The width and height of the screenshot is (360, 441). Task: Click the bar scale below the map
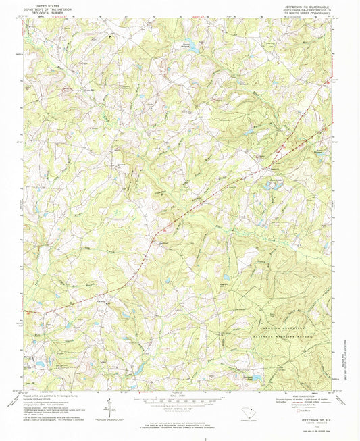tap(179, 398)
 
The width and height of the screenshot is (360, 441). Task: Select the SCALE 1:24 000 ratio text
tap(179, 393)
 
